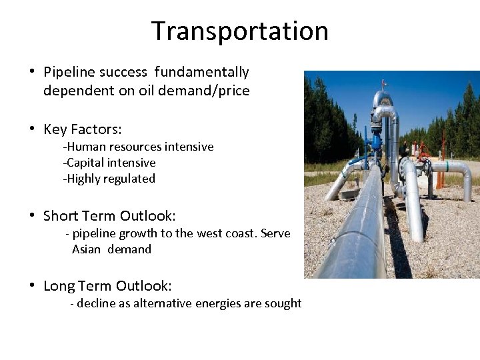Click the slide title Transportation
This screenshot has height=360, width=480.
pyautogui.click(x=239, y=31)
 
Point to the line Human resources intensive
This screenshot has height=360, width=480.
pyautogui.click(x=139, y=147)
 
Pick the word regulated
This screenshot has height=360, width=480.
pyautogui.click(x=129, y=179)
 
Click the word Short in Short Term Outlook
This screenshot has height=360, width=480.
pyautogui.click(x=61, y=216)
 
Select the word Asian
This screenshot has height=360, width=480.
pyautogui.click(x=86, y=249)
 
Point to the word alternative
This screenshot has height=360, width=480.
pyautogui.click(x=161, y=303)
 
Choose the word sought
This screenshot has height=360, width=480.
pyautogui.click(x=285, y=303)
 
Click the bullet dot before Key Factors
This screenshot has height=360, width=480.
pyautogui.click(x=32, y=129)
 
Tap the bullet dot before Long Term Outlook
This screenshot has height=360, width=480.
pyautogui.click(x=32, y=286)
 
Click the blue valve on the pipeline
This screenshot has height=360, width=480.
pyautogui.click(x=377, y=140)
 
